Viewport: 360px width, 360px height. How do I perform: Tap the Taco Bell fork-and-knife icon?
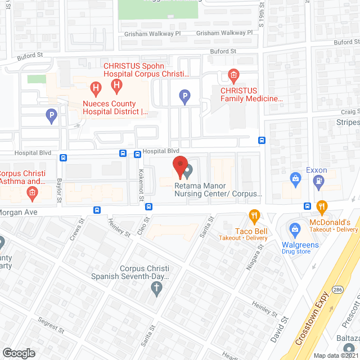254,215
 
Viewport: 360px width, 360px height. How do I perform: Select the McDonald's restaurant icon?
321,206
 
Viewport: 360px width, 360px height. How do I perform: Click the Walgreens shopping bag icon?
293,229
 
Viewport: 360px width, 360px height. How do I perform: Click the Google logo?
19,353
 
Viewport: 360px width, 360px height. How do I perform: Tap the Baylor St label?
58,189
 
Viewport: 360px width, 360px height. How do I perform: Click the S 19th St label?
262,17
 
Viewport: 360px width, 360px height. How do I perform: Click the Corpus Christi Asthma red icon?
32,194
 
